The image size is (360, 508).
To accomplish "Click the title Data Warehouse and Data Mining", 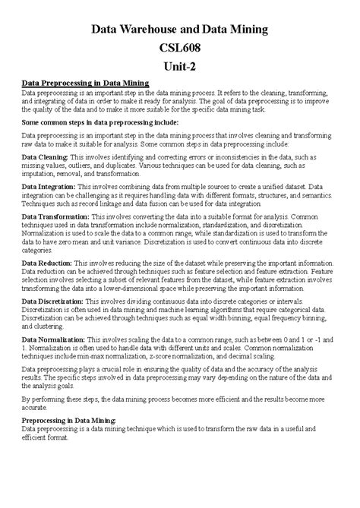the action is [179, 29].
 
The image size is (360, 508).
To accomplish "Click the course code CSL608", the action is [179, 47].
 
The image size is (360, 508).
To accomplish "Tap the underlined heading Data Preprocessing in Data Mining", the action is [85, 82].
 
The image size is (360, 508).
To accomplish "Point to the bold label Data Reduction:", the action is [47, 261].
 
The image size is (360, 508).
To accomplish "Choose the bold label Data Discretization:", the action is [53, 301].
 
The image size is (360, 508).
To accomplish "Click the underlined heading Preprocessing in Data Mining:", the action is [69, 420].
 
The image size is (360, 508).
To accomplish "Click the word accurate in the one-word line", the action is [35, 406].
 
